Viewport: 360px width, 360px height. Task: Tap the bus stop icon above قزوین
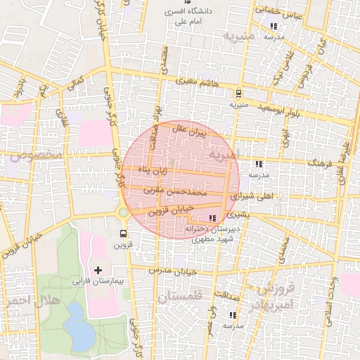coord(124,233)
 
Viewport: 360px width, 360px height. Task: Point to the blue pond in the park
coord(80,334)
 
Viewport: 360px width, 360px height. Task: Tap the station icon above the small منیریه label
coord(238,93)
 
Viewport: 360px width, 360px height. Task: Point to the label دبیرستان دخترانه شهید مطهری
coord(213,233)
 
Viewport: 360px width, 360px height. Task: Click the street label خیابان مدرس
coord(172,271)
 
